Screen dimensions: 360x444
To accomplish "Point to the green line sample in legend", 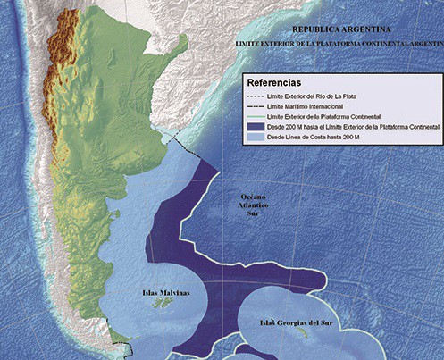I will (261, 116).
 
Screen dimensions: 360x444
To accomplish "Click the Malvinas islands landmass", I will (164, 305).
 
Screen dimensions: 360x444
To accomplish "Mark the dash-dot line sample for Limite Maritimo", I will (261, 105).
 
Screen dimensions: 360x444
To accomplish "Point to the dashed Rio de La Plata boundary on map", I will (184, 138).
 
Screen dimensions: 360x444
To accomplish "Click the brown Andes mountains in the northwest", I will (64, 36).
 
